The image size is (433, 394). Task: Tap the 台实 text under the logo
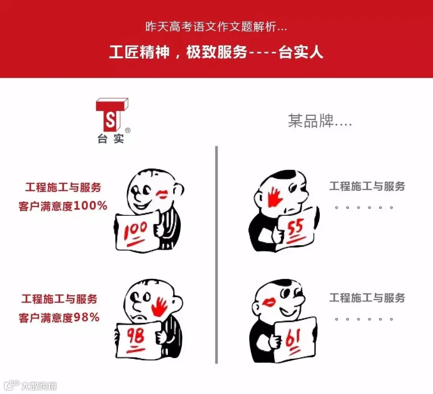pos(111,139)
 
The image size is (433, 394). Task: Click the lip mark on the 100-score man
pos(164,194)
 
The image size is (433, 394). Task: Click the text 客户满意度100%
pos(63,206)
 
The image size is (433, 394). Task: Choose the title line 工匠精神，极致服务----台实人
pos(216,52)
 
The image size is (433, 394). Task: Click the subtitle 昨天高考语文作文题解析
pos(216,26)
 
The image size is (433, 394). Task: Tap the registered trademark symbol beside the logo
pos(127,130)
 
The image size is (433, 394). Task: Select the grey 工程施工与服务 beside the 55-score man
pos(367,186)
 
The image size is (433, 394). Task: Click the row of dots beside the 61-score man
pos(364,319)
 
